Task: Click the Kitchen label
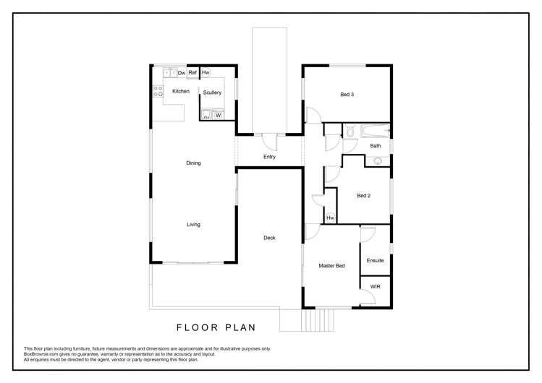(181, 91)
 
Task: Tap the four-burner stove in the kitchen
(158, 91)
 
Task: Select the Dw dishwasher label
(181, 73)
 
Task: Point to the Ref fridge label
(193, 73)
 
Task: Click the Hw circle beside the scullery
(206, 72)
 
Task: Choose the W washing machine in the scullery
(218, 114)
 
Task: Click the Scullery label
(212, 92)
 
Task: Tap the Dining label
(193, 163)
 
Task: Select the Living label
(193, 225)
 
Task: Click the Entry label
(269, 157)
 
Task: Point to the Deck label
(269, 238)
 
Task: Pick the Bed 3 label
(347, 95)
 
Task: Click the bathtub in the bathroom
(374, 132)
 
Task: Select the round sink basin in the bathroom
(377, 161)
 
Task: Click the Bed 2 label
(363, 196)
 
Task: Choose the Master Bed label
(331, 266)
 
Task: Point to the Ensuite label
(375, 261)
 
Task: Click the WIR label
(375, 287)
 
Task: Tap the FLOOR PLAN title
(216, 327)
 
